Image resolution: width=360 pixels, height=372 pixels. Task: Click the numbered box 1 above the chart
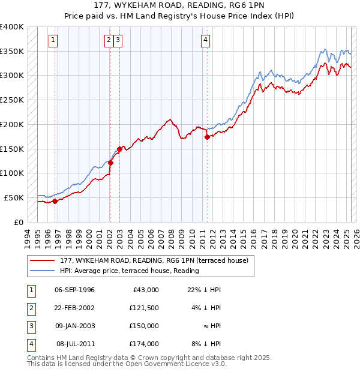point(53,40)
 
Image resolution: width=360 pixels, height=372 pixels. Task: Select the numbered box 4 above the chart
point(205,40)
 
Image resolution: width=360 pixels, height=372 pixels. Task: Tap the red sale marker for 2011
point(207,137)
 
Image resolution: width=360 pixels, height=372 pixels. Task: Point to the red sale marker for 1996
point(55,201)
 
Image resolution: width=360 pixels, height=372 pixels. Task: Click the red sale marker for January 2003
point(119,149)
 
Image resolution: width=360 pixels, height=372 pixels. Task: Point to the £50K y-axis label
point(14,197)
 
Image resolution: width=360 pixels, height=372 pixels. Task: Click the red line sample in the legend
point(42,260)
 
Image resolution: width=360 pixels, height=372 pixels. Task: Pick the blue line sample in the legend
point(42,271)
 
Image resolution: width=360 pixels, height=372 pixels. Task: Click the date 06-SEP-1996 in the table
point(74,290)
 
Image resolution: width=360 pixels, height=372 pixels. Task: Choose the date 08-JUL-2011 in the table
point(74,344)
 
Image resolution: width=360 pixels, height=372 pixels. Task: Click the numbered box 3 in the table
point(31,326)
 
